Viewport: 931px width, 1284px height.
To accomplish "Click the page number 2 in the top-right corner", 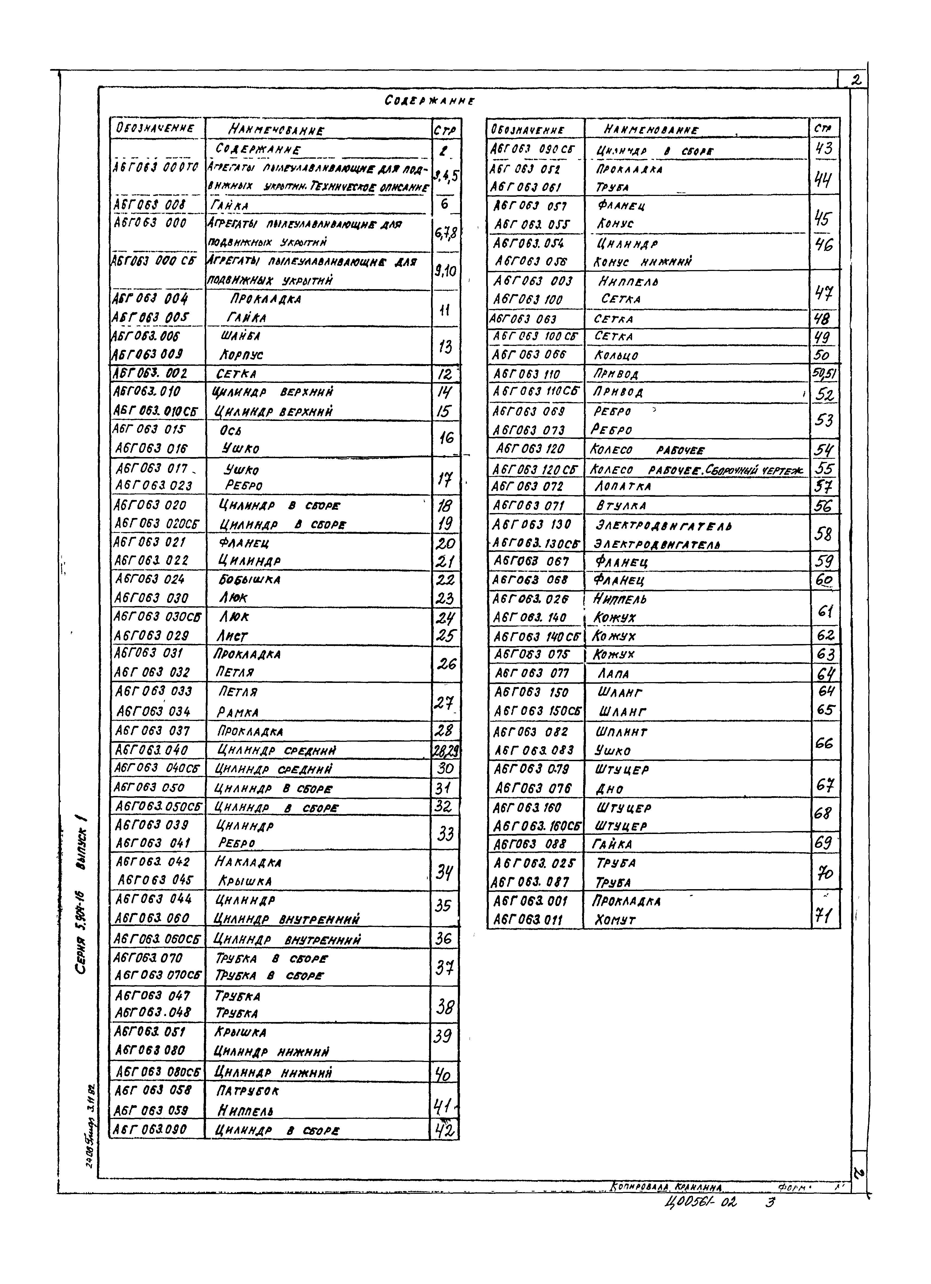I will pyautogui.click(x=856, y=82).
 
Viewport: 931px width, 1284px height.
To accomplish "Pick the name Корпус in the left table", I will pyautogui.click(x=241, y=355).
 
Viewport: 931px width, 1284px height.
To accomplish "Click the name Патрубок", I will pyautogui.click(x=248, y=1090).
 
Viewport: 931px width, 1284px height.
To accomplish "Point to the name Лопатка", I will pyautogui.click(x=622, y=486).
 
